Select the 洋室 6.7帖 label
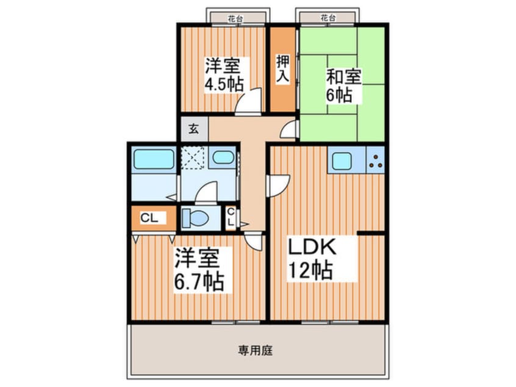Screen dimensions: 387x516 [198, 270]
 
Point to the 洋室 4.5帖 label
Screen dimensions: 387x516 [223, 74]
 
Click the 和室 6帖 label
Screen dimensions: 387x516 [343, 85]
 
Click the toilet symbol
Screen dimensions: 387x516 [195, 217]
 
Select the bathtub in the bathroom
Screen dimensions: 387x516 [153, 159]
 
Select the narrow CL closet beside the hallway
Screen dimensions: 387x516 [231, 217]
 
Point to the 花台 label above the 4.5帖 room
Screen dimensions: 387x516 [236, 18]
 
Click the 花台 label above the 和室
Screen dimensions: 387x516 [327, 18]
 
